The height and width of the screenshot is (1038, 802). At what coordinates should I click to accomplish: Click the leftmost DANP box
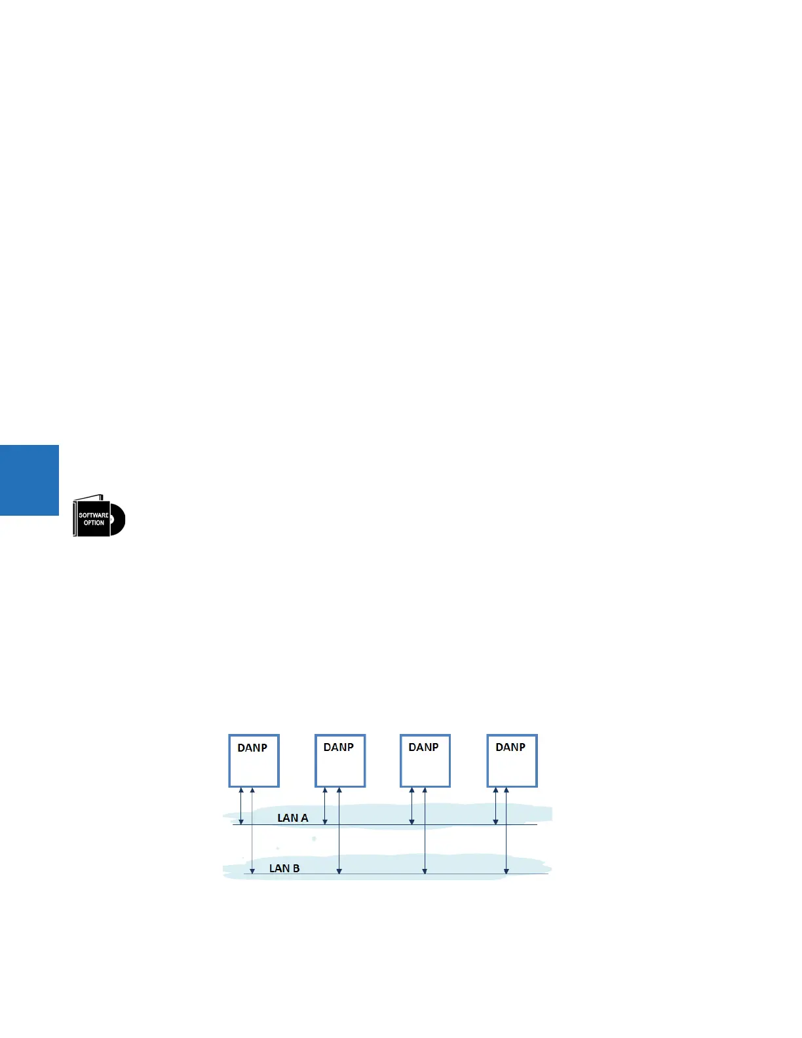tap(254, 767)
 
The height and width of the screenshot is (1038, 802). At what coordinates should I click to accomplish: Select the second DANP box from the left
tap(340, 767)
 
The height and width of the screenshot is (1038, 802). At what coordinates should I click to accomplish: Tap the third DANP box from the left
tap(425, 767)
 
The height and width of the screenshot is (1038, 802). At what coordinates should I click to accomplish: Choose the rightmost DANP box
tap(512, 767)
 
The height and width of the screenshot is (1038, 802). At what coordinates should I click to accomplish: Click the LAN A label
tap(292, 818)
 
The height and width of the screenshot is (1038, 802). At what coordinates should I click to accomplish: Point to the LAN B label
tap(284, 868)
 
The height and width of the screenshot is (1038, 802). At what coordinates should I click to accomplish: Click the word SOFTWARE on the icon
tap(94, 515)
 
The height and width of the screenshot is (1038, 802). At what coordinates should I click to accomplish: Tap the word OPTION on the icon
tap(94, 523)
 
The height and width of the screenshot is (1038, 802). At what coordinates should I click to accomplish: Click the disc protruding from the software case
tap(117, 520)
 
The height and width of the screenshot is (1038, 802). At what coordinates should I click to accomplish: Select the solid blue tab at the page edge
tap(29, 480)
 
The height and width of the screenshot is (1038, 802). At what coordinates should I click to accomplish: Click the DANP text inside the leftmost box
tap(252, 748)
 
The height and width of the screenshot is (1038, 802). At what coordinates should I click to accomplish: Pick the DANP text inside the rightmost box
tap(510, 747)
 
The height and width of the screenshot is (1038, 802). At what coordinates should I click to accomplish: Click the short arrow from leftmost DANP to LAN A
tap(241, 805)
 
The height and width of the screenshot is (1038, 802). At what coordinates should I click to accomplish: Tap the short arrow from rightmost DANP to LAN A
tap(495, 805)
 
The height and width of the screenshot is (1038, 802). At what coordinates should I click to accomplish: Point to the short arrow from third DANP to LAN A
tap(411, 805)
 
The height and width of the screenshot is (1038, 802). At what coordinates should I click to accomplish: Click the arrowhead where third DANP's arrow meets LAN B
tap(425, 870)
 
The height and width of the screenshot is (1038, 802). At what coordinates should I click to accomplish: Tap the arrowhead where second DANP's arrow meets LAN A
tap(325, 821)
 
